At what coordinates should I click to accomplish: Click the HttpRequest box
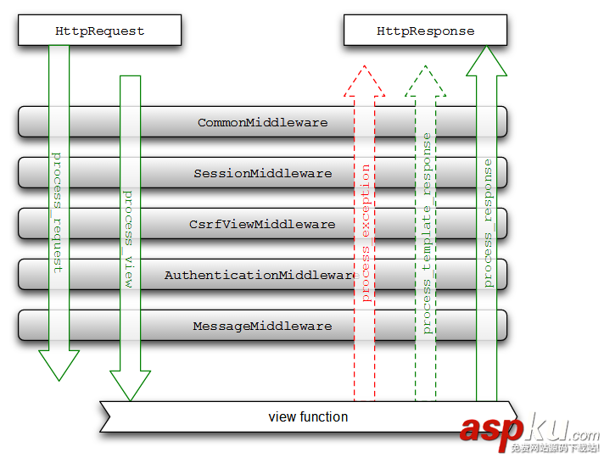point(99,31)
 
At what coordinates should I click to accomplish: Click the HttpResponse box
point(425,31)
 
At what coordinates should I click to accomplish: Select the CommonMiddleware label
point(262,122)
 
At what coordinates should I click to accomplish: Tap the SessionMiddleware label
point(262,173)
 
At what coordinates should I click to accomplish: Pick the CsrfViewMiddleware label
point(262,224)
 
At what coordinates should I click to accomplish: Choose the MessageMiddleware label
point(262,326)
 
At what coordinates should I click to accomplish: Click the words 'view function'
point(308,416)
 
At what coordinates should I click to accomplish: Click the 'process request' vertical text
point(58,212)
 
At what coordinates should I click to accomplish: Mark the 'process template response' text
point(427,233)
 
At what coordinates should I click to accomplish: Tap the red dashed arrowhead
point(365,81)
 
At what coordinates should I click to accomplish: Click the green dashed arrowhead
point(426,81)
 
